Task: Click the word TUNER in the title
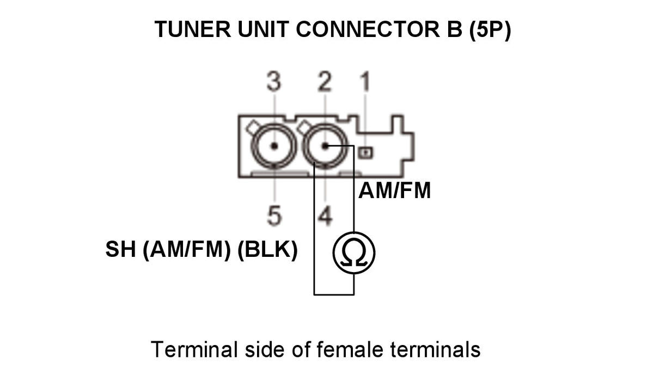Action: tap(192, 29)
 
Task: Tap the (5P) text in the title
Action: tap(490, 30)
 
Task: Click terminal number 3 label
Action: tap(273, 82)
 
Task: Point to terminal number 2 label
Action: tap(325, 82)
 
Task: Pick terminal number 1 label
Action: tap(365, 82)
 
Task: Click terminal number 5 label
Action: tap(274, 216)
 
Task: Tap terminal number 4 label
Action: tap(325, 216)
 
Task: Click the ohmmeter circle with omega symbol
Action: tap(354, 252)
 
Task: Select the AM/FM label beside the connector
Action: tap(394, 191)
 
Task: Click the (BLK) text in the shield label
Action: tap(267, 250)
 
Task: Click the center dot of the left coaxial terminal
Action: tap(274, 146)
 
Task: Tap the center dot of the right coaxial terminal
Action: tap(325, 146)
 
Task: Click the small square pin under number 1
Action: tap(365, 153)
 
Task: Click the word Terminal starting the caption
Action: tap(194, 349)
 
